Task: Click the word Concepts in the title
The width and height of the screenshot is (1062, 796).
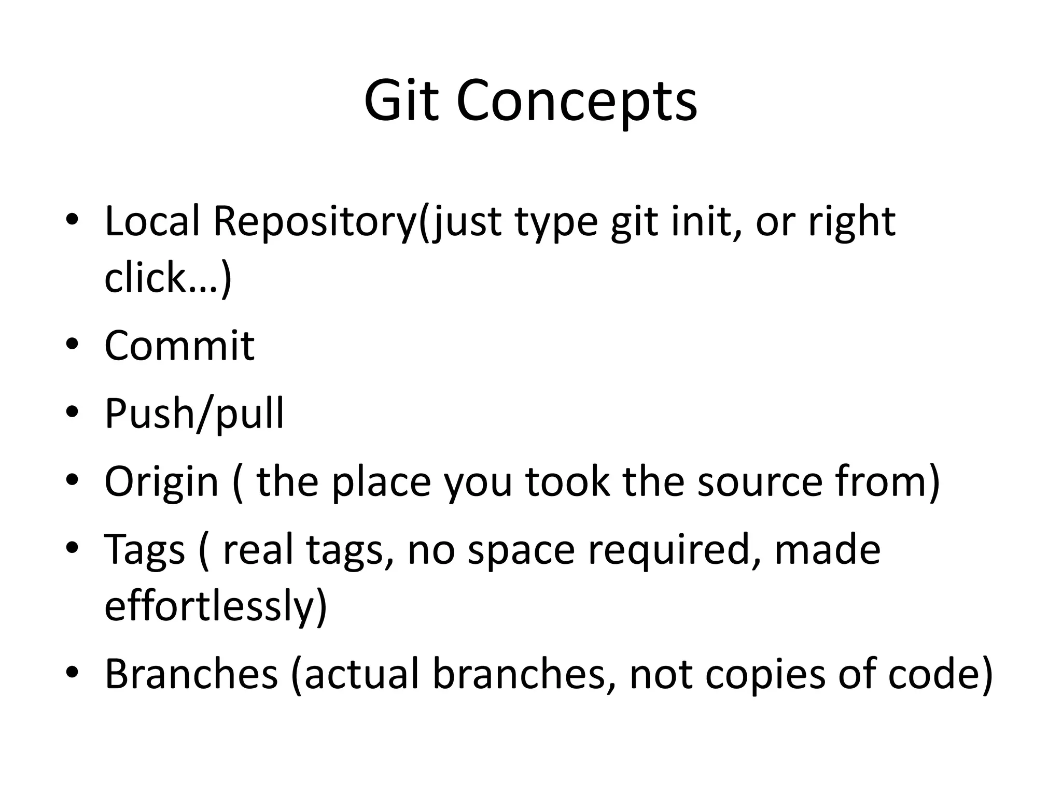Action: point(577,101)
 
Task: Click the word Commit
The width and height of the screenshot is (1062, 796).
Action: point(179,346)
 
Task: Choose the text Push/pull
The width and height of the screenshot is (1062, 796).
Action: point(194,414)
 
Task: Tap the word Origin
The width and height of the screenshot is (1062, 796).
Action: point(161,482)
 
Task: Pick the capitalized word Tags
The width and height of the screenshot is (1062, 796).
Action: point(144,550)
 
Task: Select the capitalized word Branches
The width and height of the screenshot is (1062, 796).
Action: point(191,674)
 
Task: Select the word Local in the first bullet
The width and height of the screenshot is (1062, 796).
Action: point(152,221)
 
